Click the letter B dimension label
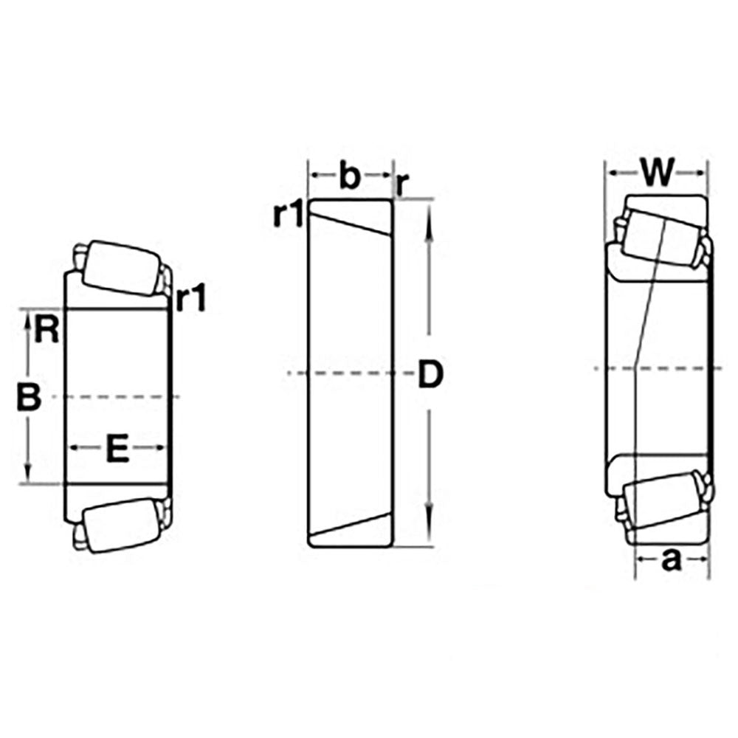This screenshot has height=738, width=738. point(29,397)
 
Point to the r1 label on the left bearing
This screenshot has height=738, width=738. point(190,298)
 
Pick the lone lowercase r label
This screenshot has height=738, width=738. point(402,184)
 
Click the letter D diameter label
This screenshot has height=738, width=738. point(431,374)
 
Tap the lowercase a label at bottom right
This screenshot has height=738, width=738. point(671,560)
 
